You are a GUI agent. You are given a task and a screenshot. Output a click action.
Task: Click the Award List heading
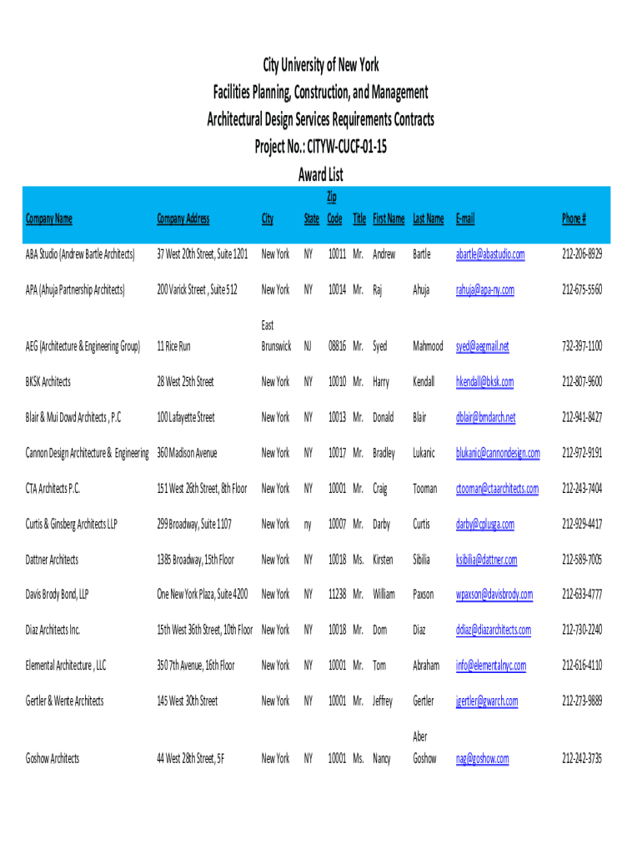point(321,175)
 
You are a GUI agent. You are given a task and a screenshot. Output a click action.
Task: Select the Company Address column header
point(183,219)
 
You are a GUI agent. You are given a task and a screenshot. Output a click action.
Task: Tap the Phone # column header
point(574,219)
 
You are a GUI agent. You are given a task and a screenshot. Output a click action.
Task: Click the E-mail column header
point(464,219)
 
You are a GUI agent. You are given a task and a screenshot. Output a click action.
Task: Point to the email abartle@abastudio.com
point(490,254)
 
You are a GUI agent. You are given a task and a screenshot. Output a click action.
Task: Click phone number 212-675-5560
point(582,289)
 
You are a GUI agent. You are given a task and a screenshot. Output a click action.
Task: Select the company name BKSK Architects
point(48,381)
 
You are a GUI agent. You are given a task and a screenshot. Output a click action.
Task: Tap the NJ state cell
point(308,345)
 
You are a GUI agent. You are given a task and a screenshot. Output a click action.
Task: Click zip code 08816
point(336,345)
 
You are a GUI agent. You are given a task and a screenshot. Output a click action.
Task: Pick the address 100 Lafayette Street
point(186,417)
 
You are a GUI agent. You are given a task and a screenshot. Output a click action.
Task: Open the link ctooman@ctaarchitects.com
point(497,489)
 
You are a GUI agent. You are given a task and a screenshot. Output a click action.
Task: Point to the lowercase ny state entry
point(308,524)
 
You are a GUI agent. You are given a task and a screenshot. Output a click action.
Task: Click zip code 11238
point(336,595)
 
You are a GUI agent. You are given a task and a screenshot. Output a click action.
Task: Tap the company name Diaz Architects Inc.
point(53,630)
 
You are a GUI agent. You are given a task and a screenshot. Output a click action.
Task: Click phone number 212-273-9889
point(582,701)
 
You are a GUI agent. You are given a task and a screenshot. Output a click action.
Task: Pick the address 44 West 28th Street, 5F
point(191,758)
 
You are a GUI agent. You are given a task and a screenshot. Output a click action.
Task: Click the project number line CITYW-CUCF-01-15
point(321,147)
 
